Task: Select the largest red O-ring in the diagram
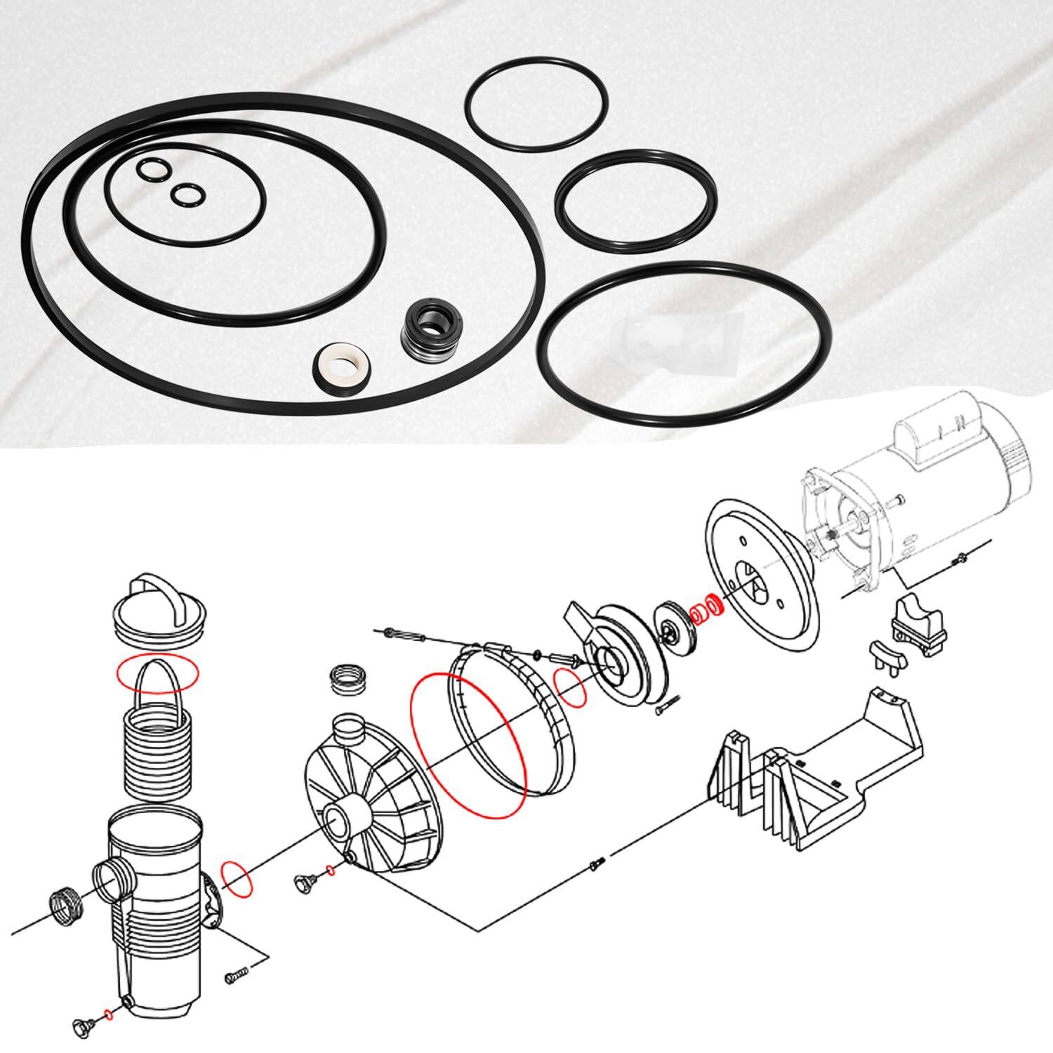tap(468, 744)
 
